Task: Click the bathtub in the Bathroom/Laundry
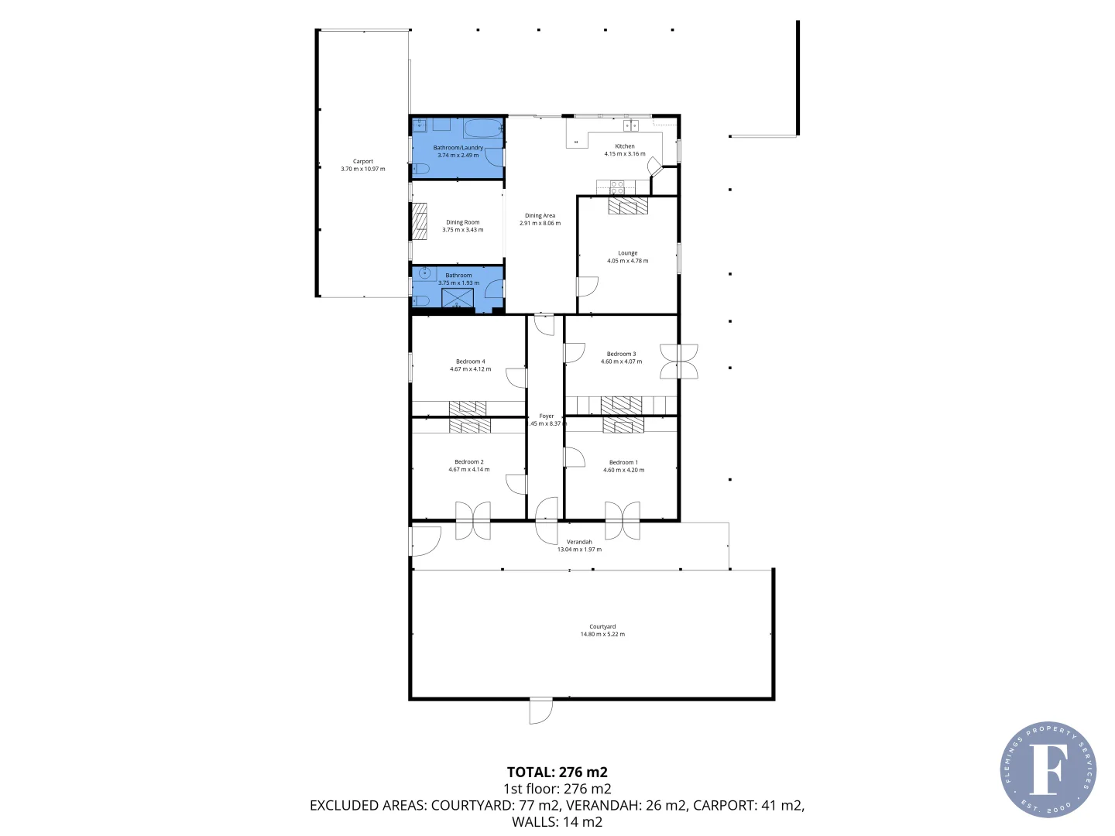tap(484, 127)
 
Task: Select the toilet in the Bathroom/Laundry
tap(419, 169)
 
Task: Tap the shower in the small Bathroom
tap(458, 297)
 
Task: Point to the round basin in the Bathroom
tap(424, 272)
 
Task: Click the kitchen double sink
tap(631, 125)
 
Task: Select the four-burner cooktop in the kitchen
tap(617, 187)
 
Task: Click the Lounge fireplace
tap(628, 205)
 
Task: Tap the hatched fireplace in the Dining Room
tap(419, 221)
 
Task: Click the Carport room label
tap(362, 162)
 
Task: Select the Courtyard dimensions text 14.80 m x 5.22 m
tap(602, 635)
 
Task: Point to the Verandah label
tap(579, 542)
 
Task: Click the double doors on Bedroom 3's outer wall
tap(679, 361)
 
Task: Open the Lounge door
tap(587, 286)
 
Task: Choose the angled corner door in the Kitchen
tap(654, 166)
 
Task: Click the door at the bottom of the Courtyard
tap(540, 711)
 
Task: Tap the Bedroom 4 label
tap(470, 361)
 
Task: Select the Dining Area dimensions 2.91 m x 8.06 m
tap(540, 224)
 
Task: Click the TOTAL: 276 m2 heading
tap(557, 772)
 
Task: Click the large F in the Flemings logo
tap(1048, 769)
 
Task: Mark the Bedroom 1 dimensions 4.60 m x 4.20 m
tap(623, 470)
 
